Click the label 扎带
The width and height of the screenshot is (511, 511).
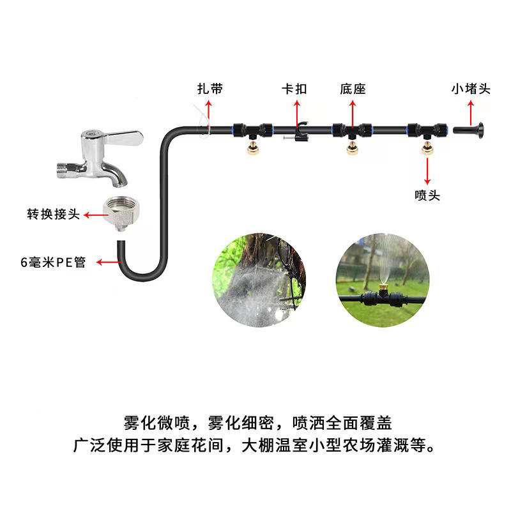(x=210, y=89)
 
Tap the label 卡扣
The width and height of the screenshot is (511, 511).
(x=294, y=89)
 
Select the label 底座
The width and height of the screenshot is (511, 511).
(x=352, y=89)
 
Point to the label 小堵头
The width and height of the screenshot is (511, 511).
(x=471, y=89)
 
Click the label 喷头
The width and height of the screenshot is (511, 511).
(x=427, y=195)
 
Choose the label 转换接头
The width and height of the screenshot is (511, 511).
(x=53, y=215)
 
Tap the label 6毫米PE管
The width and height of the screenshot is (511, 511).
(x=52, y=262)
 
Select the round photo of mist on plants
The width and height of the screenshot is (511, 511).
(x=259, y=280)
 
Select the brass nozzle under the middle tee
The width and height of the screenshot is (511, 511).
(x=351, y=149)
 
